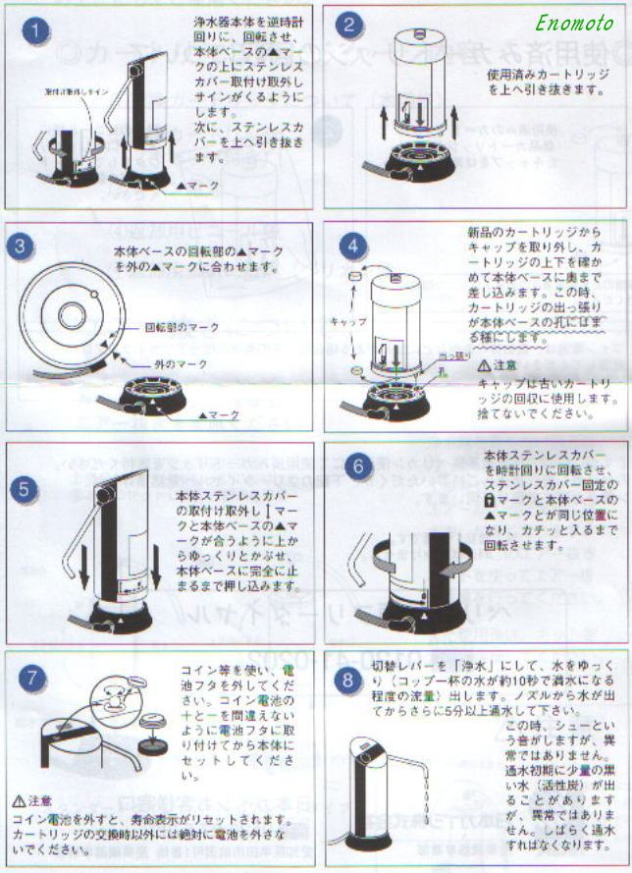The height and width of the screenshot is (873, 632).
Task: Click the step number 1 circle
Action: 36,31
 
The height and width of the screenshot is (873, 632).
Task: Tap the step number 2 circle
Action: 354,27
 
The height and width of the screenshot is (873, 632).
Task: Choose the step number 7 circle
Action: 34,678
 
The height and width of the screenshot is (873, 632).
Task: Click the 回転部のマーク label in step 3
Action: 183,326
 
